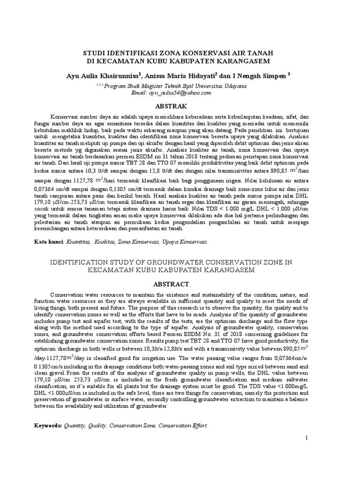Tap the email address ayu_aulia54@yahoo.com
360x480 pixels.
(180, 93)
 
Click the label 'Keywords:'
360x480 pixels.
(49, 426)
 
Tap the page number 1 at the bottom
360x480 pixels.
(307, 437)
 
